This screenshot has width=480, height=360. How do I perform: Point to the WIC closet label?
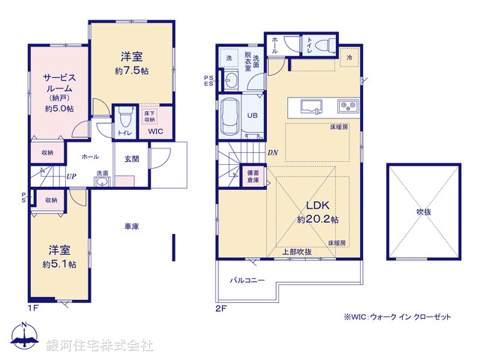point(156,132)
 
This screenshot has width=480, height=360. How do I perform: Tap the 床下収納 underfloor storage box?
point(149,115)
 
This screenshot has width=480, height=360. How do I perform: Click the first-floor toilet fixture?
point(124,116)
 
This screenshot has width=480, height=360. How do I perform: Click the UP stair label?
point(72,177)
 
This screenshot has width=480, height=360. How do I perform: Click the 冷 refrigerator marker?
point(349,57)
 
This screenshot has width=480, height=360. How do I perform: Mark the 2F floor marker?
point(220,307)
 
